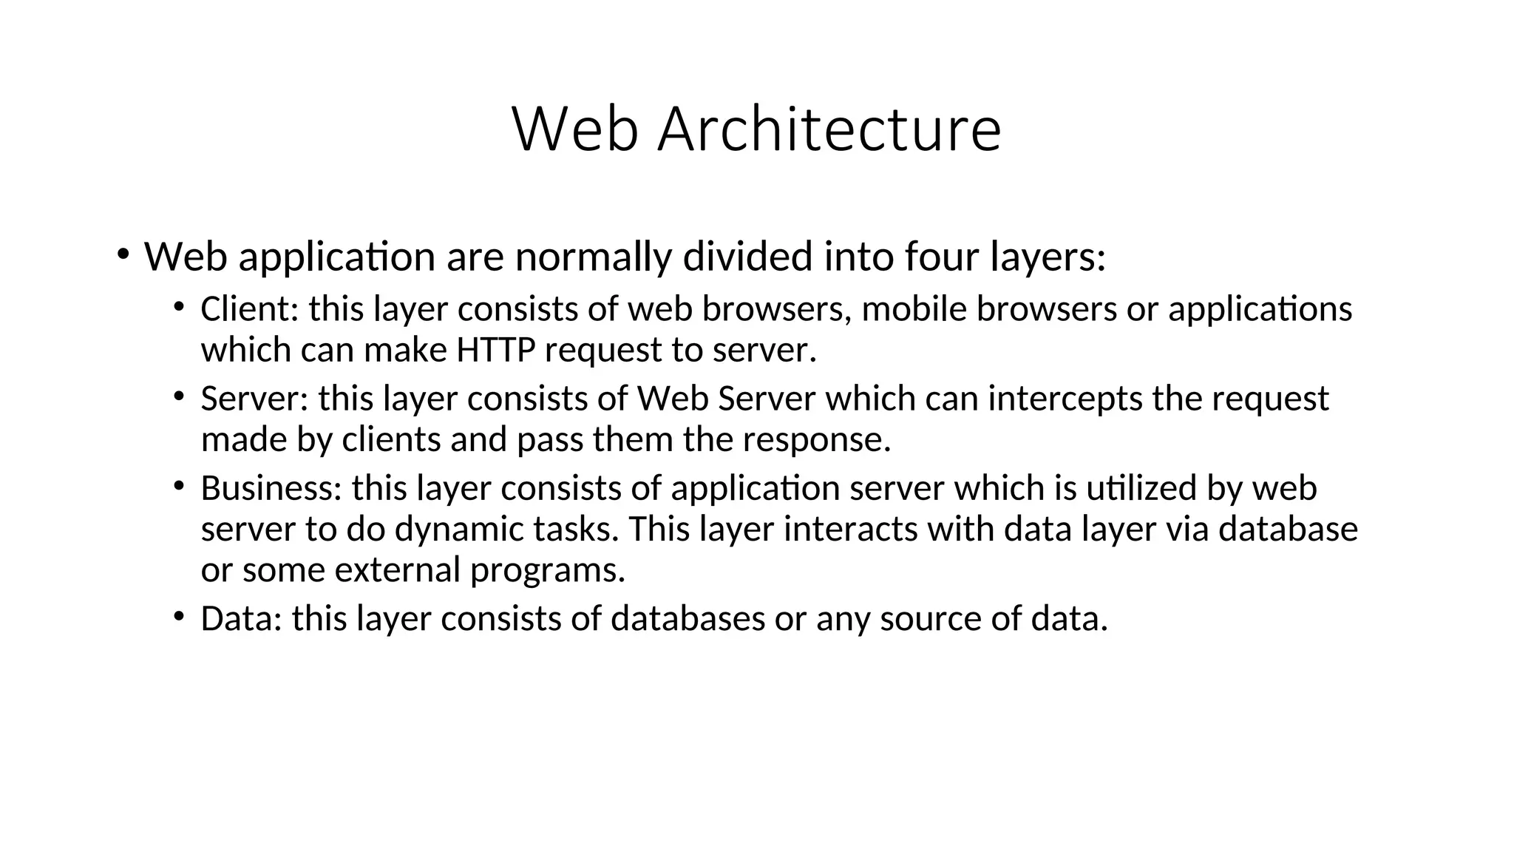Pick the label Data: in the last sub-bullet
(241, 618)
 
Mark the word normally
(593, 257)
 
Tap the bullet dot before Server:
(178, 396)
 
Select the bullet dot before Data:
(178, 616)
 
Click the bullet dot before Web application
(123, 254)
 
